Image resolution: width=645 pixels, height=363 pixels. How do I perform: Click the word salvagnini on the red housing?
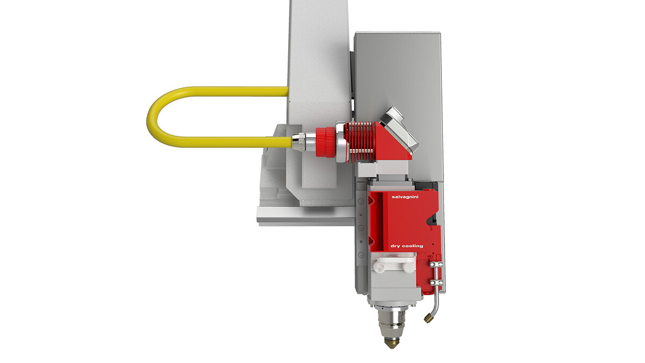[x=405, y=197]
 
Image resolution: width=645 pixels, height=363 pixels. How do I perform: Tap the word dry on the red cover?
[x=396, y=246]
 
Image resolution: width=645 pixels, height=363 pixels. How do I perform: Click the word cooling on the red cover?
[x=413, y=246]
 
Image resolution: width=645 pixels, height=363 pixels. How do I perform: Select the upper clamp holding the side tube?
[x=436, y=264]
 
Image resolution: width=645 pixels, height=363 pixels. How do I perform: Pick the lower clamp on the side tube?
[x=436, y=283]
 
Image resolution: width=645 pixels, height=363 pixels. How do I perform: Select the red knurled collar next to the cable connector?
[x=326, y=143]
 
